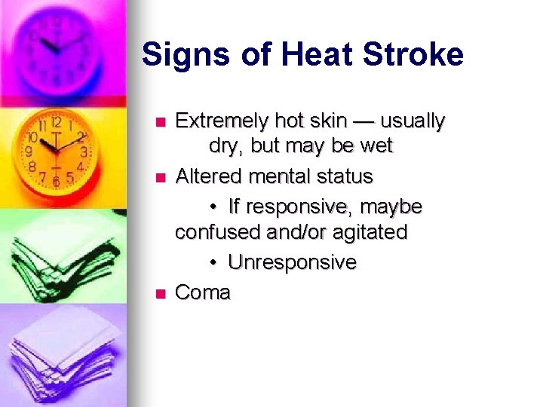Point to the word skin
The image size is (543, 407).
pos(329,121)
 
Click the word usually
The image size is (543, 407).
pos(413,121)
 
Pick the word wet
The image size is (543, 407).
pos(376,146)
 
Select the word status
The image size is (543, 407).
pos(344,176)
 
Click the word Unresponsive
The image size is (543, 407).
pos(292,262)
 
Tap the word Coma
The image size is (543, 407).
pos(203,292)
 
